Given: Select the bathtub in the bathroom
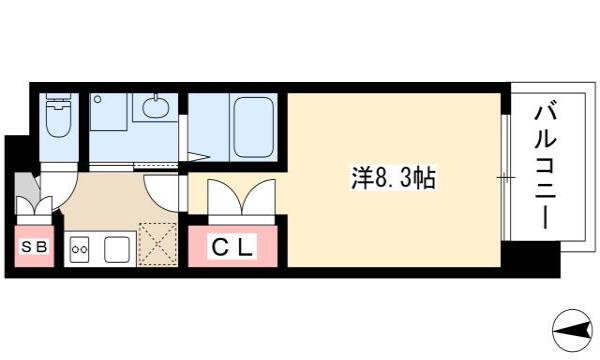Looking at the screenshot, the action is (253, 127).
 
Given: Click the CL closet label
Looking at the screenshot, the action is (232, 248).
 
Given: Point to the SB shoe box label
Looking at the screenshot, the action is (34, 247).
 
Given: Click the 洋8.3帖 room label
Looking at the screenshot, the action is (393, 178).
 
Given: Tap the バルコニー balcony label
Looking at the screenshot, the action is (545, 167).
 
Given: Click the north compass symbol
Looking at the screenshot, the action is (572, 330).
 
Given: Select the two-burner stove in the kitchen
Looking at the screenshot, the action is (80, 249).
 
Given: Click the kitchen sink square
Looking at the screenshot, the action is (117, 249).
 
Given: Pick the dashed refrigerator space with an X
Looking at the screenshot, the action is (158, 244).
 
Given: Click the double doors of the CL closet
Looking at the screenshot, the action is (241, 197).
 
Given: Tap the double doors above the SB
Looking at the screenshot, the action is (34, 205).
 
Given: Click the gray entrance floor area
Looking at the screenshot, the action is (27, 186).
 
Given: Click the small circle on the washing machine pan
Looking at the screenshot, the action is (98, 99).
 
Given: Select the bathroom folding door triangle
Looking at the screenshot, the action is (198, 156).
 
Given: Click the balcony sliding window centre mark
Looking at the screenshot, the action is (506, 178).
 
